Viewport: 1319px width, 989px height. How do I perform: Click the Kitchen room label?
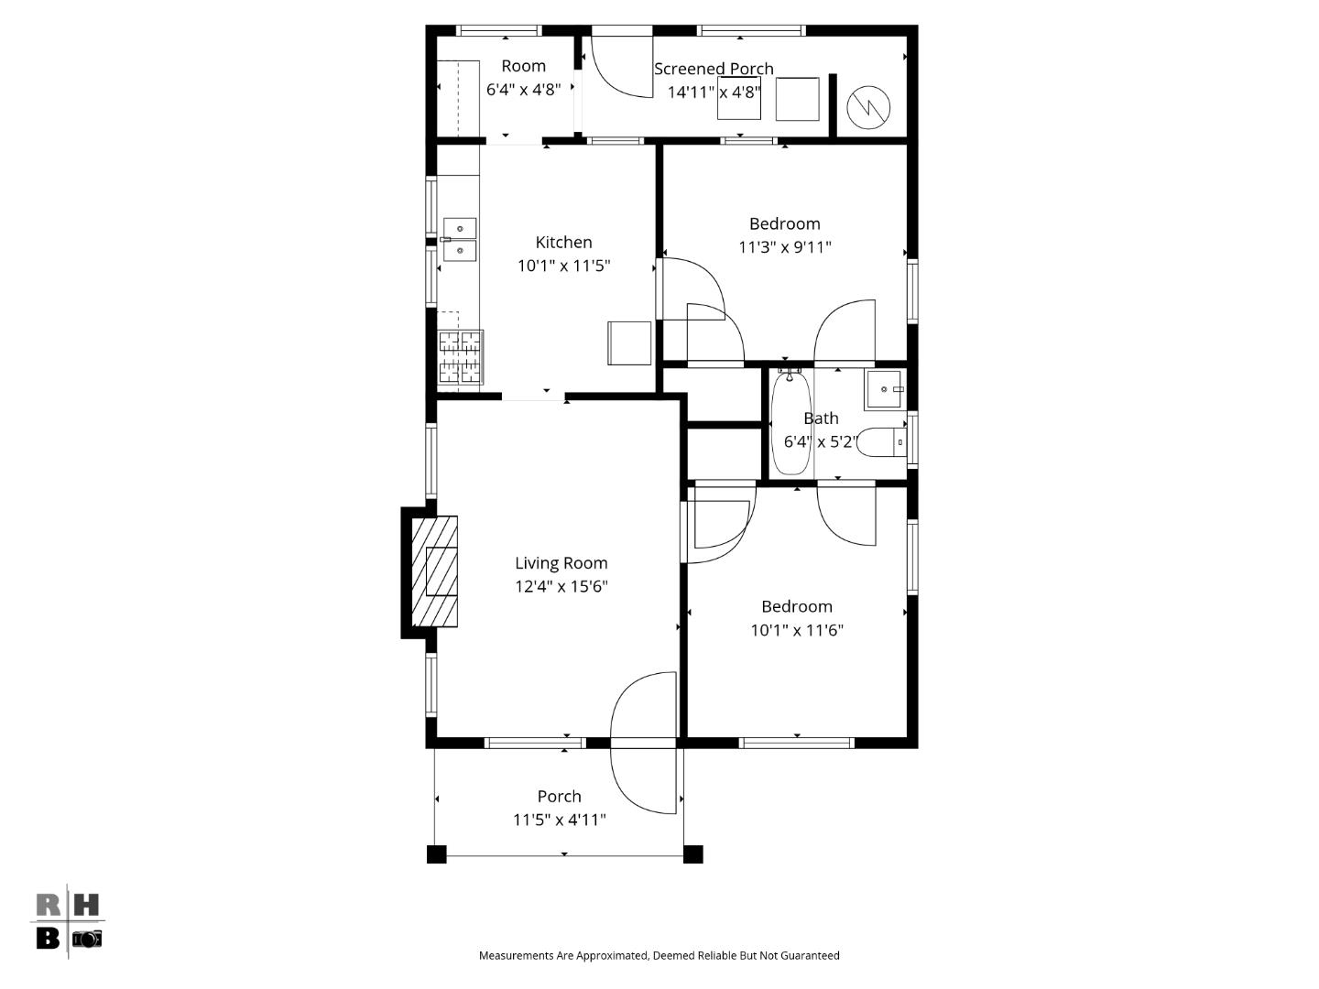(563, 242)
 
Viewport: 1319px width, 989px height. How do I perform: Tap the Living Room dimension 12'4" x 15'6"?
(561, 586)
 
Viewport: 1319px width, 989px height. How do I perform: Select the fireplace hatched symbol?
(433, 571)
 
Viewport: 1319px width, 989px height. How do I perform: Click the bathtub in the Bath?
(790, 422)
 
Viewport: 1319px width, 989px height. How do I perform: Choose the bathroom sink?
(884, 389)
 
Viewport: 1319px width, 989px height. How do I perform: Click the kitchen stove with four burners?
(460, 357)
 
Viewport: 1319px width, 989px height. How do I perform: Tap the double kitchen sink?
(459, 238)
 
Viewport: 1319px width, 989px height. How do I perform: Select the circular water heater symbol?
(867, 107)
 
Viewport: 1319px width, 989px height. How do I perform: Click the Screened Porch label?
(714, 69)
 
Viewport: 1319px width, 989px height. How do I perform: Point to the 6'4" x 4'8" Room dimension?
(523, 90)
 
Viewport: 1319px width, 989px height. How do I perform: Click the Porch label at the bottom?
(559, 796)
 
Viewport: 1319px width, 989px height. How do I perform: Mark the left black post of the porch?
(437, 854)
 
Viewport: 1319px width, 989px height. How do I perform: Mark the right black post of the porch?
(693, 854)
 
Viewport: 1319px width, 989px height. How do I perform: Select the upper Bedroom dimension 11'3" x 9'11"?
(785, 246)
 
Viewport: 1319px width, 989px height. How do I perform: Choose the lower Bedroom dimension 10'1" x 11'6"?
(797, 630)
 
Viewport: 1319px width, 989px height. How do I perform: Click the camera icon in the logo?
(87, 939)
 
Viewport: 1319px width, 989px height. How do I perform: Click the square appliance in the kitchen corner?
(629, 343)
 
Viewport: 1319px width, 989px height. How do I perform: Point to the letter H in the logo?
(85, 906)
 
